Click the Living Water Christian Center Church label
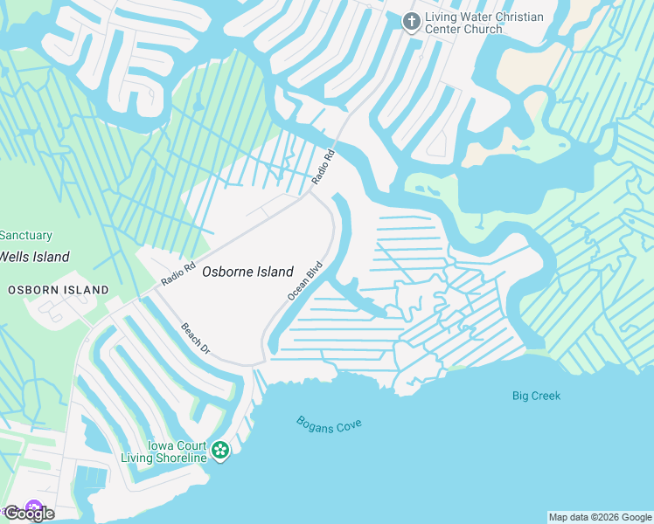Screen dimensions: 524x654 pos(484,24)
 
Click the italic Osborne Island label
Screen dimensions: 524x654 pos(247,272)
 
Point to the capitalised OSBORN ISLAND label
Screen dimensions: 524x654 pos(59,289)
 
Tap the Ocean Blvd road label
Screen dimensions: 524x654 pos(306,280)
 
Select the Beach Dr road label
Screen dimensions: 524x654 pos(196,338)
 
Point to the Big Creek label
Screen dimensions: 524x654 pos(536,396)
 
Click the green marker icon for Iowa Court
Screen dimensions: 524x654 pos(220,451)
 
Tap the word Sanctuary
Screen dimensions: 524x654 pos(26,236)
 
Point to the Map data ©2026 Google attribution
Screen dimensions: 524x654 pos(600,517)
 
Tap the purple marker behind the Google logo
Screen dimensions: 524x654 pos(34,507)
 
